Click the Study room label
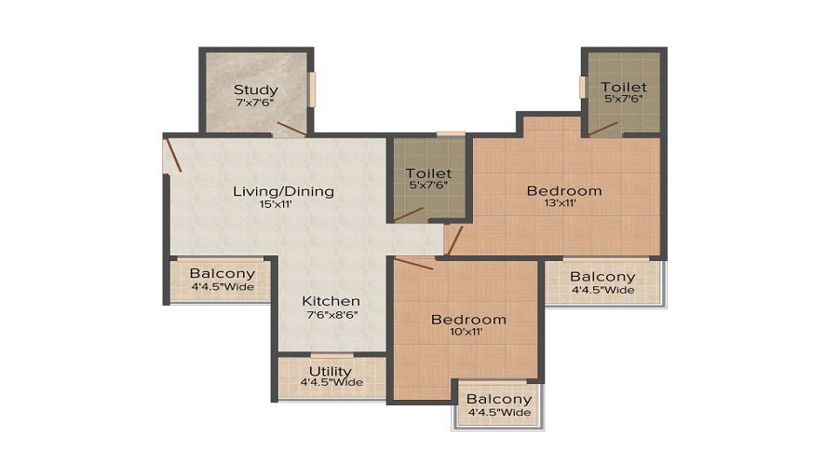tap(255, 90)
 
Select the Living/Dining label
tap(283, 192)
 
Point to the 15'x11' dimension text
tap(283, 205)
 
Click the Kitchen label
tap(331, 301)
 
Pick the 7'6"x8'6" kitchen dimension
tap(331, 315)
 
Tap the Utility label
tap(331, 371)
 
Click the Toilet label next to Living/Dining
tap(428, 173)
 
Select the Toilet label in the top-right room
tap(623, 87)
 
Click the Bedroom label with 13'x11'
tap(564, 191)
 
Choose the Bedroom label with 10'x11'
tap(468, 320)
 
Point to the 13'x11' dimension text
tap(564, 205)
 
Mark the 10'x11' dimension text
tap(468, 333)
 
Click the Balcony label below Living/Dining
tap(222, 273)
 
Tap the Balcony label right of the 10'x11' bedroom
tap(602, 277)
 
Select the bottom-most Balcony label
tap(499, 399)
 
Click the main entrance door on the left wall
tap(172, 155)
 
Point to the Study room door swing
tap(291, 129)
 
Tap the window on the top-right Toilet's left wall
tap(582, 87)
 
